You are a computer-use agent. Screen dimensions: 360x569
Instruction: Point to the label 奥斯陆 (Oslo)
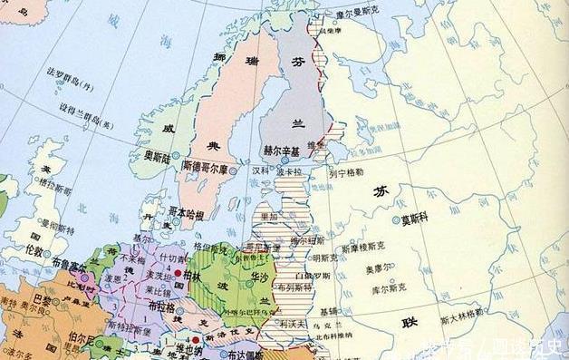pos(161,156)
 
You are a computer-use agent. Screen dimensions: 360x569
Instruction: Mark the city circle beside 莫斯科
pos(396,219)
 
